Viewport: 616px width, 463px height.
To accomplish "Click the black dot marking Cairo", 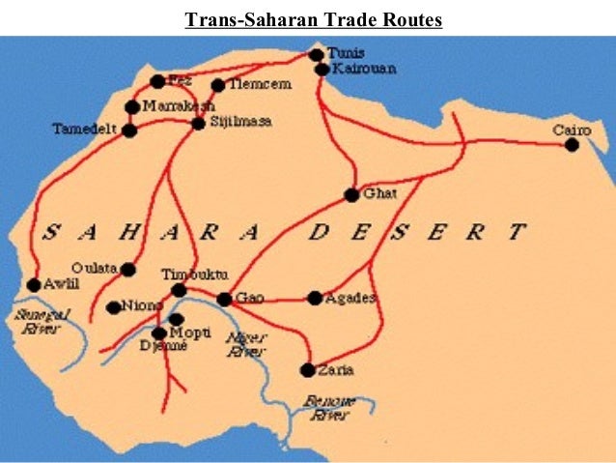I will (572, 145).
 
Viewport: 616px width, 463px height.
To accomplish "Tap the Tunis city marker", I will (316, 55).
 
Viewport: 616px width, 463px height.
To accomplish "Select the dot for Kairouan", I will (322, 70).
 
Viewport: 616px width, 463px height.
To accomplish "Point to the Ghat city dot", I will (351, 194).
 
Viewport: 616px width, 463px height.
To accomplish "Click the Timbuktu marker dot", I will (179, 290).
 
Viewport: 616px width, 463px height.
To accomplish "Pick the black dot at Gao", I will (224, 300).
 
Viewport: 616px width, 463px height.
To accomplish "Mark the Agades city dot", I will (315, 298).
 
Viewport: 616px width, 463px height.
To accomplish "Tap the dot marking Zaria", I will (307, 369).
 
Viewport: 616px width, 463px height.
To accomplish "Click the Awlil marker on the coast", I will (34, 284).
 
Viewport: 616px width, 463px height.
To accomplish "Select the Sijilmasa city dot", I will (198, 123).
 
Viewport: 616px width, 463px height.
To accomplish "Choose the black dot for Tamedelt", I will (129, 130).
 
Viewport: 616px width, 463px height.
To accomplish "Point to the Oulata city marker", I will (127, 270).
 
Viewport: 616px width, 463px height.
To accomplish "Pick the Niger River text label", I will (244, 345).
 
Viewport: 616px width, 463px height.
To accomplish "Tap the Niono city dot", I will (114, 307).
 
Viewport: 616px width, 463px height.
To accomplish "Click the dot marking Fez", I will (157, 81).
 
